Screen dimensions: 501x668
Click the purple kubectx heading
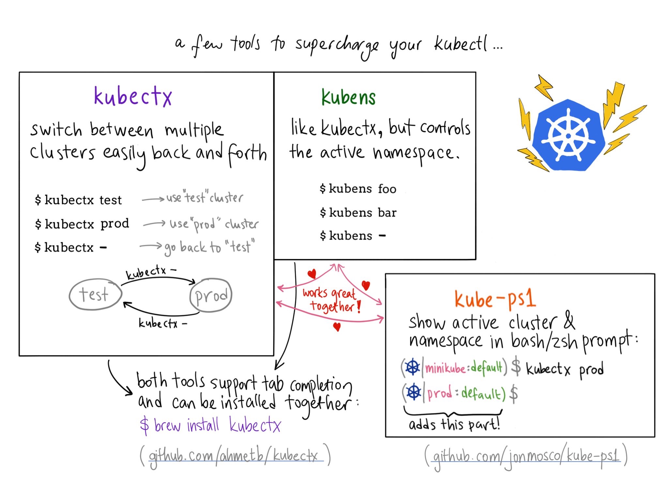coord(133,96)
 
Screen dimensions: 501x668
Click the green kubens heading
coord(348,97)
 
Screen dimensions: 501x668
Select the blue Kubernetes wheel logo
coord(568,135)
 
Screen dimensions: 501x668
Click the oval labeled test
coord(95,294)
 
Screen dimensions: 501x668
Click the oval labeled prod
coord(211,295)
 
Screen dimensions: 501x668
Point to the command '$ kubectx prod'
coord(82,224)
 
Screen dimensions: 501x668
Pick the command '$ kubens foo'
coord(358,189)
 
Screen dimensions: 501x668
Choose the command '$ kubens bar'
coord(358,212)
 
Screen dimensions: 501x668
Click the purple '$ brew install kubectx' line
coord(210,425)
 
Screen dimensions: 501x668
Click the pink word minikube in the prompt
coord(445,368)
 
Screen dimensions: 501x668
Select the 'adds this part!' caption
coord(454,424)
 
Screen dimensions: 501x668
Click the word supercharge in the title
coord(337,46)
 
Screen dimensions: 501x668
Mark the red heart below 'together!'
coord(337,326)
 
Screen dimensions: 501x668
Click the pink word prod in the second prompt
coord(439,393)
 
